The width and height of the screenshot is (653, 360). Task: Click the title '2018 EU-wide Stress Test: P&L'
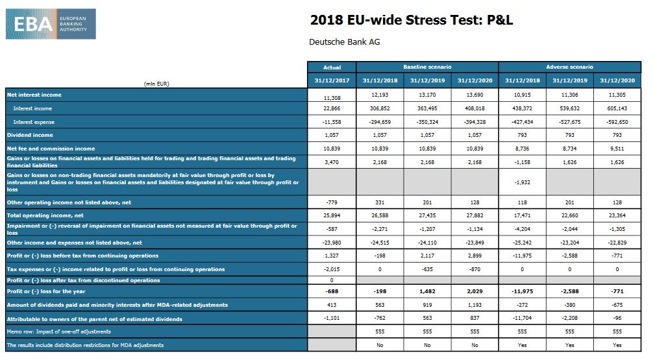(x=412, y=20)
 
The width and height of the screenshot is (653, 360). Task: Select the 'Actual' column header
(x=331, y=67)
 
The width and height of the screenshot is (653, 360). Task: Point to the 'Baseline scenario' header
(x=427, y=67)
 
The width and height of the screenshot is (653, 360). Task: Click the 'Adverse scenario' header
(x=570, y=67)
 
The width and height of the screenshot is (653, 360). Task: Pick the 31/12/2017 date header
(x=331, y=80)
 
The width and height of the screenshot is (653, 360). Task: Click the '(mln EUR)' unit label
(x=156, y=83)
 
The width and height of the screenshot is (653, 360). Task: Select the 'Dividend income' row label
(x=30, y=135)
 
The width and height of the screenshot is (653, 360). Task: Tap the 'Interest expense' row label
(x=34, y=122)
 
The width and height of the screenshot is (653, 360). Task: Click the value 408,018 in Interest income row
(x=474, y=108)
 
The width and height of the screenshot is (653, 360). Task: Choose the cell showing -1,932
(x=522, y=182)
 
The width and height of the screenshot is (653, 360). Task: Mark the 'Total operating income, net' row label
(x=45, y=215)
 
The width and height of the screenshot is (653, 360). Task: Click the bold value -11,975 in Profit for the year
(x=522, y=291)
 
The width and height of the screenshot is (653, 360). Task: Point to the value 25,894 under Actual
(x=331, y=215)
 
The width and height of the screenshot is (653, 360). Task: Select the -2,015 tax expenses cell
(x=331, y=269)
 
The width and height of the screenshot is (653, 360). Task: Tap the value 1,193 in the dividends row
(x=474, y=304)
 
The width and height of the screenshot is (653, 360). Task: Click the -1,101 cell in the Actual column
(x=331, y=318)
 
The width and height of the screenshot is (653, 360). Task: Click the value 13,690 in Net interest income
(x=474, y=95)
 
